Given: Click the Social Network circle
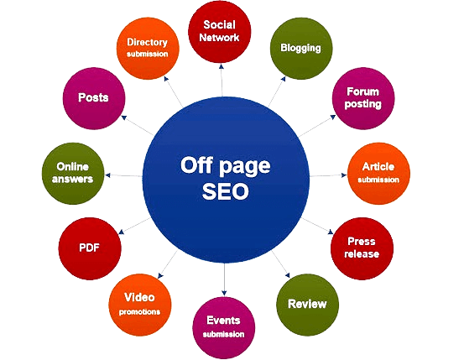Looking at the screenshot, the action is pos(219,32).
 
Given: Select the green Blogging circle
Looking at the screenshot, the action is pos(301,49).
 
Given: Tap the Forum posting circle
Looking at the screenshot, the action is pos(363,98).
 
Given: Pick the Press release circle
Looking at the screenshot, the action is pos(362,248).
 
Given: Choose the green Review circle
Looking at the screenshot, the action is pos(307,305).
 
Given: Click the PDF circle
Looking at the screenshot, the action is pos(90,248).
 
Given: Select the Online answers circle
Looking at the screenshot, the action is pos(73,174).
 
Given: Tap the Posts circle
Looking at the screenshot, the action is pos(94,98).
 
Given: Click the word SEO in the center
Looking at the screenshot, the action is pos(226,191).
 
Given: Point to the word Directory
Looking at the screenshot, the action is pos(147,42).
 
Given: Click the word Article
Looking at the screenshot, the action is pos(378,167).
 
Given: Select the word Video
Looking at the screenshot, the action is pos(139,297).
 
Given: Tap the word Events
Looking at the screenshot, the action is pos(223,321).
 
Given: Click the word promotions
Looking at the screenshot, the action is pos(139,311).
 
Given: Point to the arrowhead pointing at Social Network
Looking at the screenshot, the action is pos(221,66).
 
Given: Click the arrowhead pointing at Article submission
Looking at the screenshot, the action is pos(344,175).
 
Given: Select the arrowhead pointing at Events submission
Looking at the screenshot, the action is pos(224,293).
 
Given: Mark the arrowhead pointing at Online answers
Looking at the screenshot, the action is pos(107,175).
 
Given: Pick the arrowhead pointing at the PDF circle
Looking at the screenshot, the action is pos(121,232).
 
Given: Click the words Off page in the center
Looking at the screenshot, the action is pos(226,166).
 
